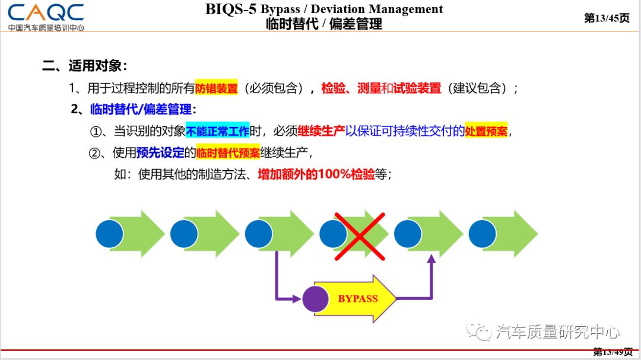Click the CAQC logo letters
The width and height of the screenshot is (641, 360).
point(46,12)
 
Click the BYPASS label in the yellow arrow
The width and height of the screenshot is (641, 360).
point(358,298)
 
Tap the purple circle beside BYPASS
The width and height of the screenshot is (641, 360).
point(316,299)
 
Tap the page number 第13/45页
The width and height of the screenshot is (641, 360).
point(607,18)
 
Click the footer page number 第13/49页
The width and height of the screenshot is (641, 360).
point(613,352)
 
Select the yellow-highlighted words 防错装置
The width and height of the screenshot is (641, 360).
point(216,88)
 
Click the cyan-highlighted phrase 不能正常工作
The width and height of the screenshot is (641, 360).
point(218,132)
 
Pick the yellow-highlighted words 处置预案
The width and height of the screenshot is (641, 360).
point(486,132)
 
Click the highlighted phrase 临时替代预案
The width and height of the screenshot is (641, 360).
point(228,153)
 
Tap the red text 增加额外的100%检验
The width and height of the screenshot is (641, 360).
point(316,174)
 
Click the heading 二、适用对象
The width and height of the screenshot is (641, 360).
point(85,66)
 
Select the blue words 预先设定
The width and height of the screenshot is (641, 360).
point(160,153)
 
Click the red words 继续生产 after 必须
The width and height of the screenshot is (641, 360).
point(321,132)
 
